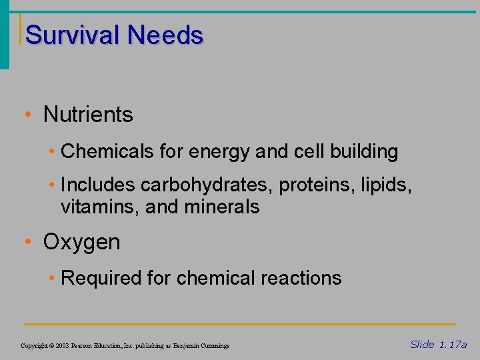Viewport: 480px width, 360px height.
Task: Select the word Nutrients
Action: pos(88,115)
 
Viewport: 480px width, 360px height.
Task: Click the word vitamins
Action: pos(98,207)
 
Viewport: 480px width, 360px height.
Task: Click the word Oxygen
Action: pos(81,242)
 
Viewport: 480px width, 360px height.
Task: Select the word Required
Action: pos(101,278)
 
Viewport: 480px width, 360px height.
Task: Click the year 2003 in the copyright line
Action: pos(61,346)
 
